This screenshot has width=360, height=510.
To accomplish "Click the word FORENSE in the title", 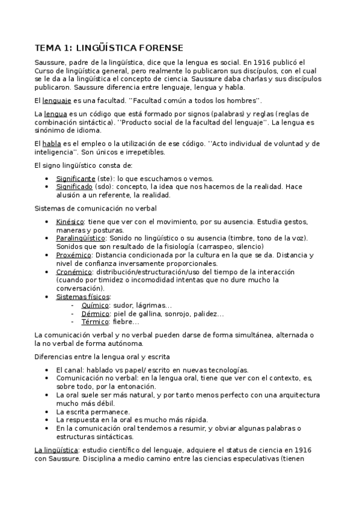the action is (158, 48).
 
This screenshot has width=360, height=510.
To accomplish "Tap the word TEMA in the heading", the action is (47, 48).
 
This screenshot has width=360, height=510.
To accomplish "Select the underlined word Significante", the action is (76, 179).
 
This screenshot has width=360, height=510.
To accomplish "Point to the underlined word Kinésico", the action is (69, 222).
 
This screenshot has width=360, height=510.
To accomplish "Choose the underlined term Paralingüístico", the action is (81, 238).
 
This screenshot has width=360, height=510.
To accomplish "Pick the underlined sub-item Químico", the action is (96, 306).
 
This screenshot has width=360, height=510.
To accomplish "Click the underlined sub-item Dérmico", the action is (96, 313).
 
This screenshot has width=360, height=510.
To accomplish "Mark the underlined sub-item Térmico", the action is (96, 322).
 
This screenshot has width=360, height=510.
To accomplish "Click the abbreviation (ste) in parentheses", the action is (106, 179).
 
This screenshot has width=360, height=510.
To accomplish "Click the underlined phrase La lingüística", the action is (56, 450).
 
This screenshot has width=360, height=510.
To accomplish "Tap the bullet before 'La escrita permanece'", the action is (49, 411).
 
